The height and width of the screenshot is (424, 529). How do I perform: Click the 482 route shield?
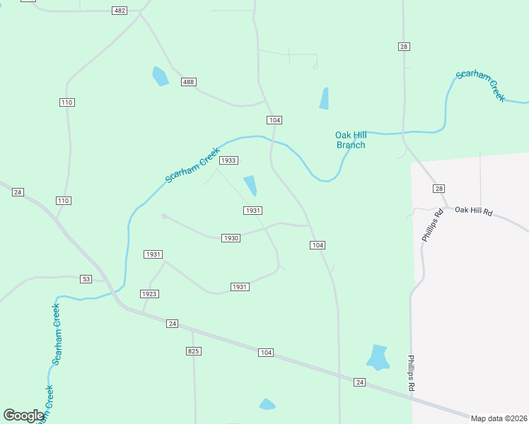point(120,11)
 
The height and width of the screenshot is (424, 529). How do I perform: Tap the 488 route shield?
point(188,83)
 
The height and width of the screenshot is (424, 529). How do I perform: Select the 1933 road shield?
point(228,160)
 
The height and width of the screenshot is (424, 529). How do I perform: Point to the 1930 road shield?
point(231,238)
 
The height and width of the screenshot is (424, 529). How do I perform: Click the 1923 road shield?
point(149,294)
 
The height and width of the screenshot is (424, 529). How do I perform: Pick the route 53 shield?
point(86,280)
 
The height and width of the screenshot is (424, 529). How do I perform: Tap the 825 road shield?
point(194,351)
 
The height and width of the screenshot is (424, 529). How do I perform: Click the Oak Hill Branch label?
point(351,140)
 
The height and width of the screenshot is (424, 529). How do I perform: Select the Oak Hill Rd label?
point(472,210)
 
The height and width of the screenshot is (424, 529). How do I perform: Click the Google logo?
point(24,416)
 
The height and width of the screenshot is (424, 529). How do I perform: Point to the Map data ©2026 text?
point(499,418)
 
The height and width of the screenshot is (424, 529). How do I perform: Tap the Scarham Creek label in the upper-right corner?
point(481,86)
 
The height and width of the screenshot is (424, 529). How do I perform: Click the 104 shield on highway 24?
point(265,353)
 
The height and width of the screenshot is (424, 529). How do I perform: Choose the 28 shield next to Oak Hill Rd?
point(439,189)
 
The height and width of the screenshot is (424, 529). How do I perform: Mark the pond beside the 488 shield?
point(161,76)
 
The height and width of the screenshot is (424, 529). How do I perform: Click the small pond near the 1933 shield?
point(250,186)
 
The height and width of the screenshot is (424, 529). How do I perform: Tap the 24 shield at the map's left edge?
point(18,192)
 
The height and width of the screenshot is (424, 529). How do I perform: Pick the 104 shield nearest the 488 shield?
point(274,120)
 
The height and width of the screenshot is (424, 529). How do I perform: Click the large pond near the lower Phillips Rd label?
point(378,358)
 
